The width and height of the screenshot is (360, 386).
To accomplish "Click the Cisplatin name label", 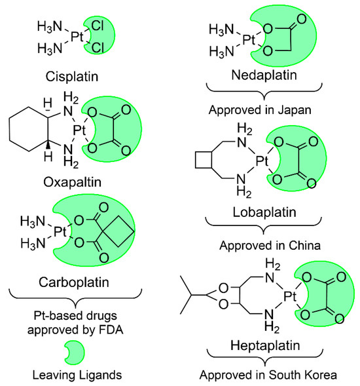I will click(68, 75).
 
